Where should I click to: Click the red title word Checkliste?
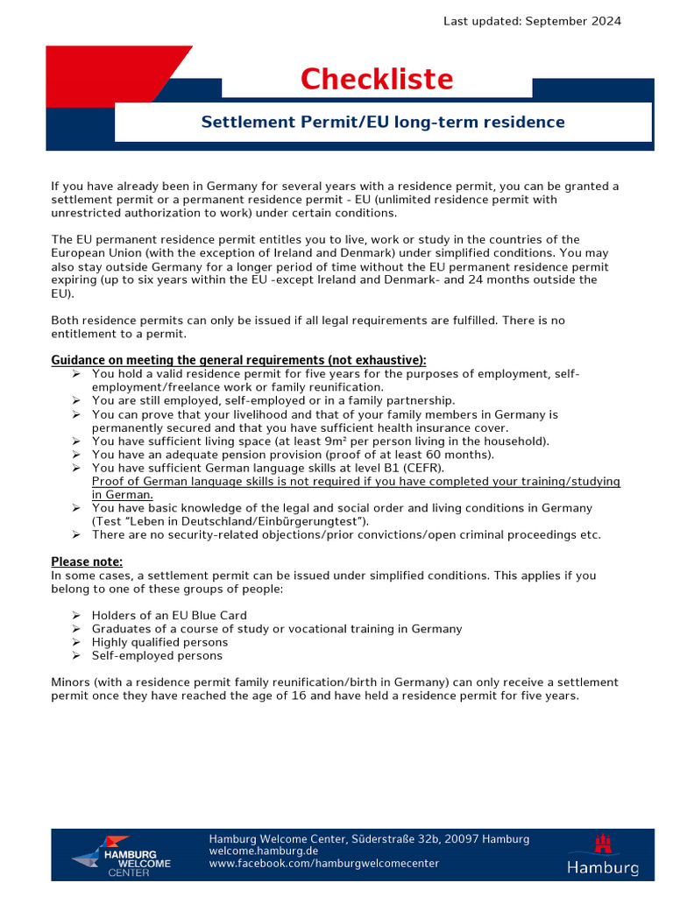click(377, 80)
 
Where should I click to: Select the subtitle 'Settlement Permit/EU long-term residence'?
click(383, 122)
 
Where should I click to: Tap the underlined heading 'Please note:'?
click(87, 562)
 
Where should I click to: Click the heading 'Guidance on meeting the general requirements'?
click(238, 360)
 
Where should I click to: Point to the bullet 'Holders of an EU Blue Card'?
click(169, 616)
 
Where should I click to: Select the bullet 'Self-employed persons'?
click(157, 655)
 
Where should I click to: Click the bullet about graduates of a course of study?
click(276, 629)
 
